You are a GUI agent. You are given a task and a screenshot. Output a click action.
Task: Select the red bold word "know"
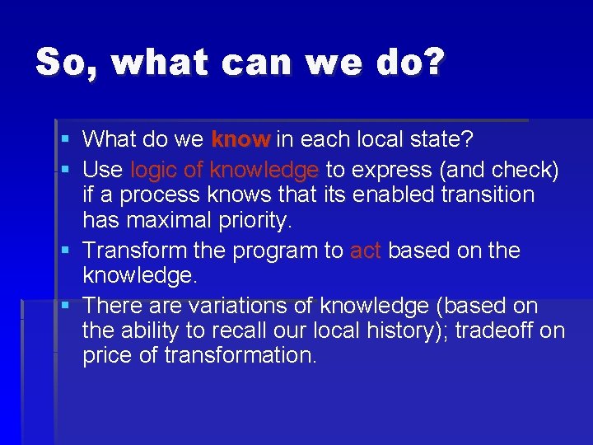tap(240, 139)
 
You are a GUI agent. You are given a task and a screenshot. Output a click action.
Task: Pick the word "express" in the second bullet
tap(392, 170)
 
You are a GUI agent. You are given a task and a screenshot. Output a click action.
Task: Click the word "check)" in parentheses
tap(526, 170)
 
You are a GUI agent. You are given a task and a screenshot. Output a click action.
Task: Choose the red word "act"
tap(365, 250)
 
